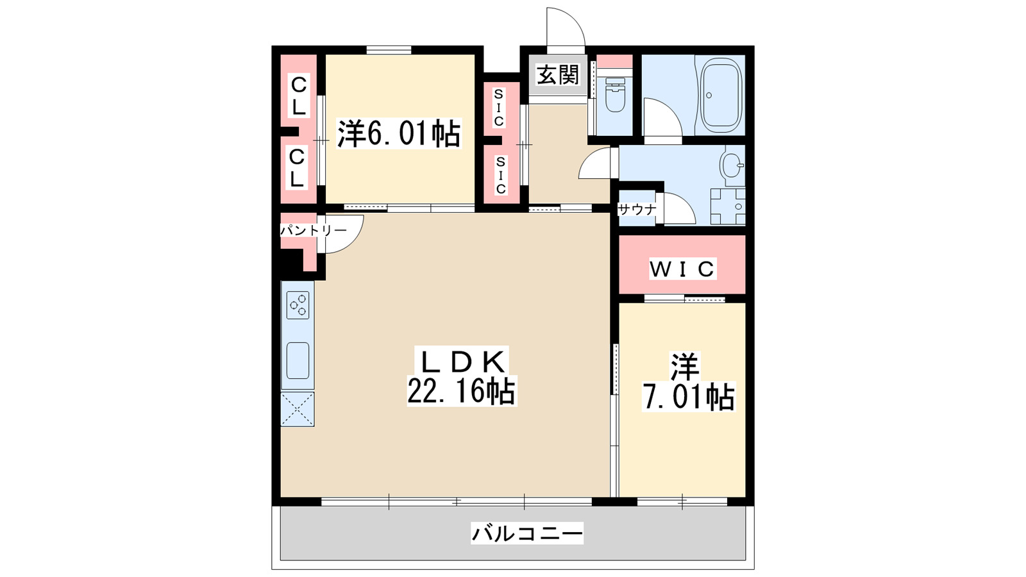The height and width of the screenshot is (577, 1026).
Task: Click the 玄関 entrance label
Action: point(558,75)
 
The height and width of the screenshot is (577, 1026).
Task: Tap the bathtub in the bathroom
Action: point(721,96)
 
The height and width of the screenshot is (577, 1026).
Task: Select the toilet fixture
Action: point(615,96)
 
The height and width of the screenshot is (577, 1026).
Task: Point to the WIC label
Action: point(682,269)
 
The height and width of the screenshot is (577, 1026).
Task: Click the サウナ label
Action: point(637,210)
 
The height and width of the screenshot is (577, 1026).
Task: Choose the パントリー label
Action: point(313,230)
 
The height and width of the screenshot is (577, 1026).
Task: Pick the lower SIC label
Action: point(500,175)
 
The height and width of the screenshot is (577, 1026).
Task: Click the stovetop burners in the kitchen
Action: point(298,305)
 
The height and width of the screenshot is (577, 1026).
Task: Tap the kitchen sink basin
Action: point(298,360)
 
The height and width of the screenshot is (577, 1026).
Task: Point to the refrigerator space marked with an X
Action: point(298,409)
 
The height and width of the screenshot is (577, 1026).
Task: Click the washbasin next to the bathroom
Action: point(732,165)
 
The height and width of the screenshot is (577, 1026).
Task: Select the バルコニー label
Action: point(527,533)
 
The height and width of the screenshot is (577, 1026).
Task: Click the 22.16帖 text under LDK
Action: point(461,391)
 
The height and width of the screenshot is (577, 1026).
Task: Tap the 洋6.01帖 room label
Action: point(399,134)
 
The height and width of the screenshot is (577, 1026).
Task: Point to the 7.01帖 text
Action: point(689,397)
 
